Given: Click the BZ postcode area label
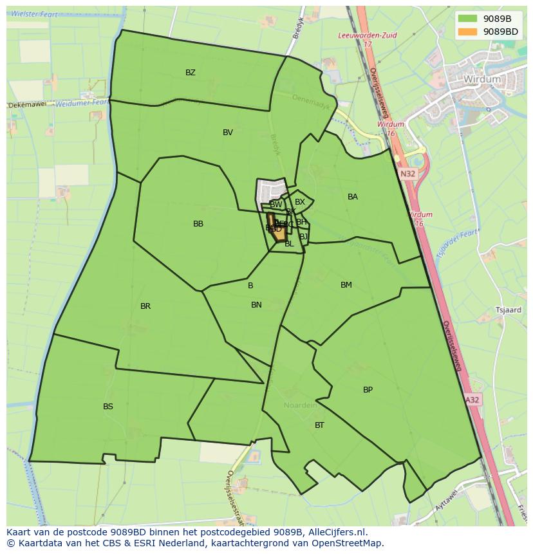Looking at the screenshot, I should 191,73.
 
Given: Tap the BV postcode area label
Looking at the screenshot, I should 228,133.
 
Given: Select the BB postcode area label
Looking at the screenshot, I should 198,224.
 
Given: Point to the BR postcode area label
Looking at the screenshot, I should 145,306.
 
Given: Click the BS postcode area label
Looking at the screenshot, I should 108,407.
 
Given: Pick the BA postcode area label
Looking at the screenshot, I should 353,197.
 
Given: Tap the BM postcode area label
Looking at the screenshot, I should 346,285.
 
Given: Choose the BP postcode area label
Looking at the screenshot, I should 368,390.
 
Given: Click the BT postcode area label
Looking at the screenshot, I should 320,425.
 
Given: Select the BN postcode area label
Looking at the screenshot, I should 256,305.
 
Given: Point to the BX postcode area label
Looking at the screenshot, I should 300,202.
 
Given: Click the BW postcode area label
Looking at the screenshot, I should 276,205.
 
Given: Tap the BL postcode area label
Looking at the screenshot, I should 289,244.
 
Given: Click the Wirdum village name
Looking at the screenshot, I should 482,79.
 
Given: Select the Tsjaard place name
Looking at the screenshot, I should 508,310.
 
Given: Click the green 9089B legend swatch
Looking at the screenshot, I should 468,19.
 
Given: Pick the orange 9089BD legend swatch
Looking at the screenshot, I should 468,31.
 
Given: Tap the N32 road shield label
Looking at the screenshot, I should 407,174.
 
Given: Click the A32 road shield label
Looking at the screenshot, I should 472,400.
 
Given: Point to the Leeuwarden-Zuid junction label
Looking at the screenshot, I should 367,36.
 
